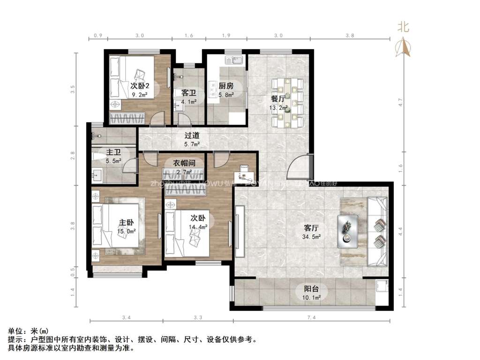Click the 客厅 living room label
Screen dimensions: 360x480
pyautogui.click(x=311, y=228)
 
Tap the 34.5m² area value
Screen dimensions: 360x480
pyautogui.click(x=311, y=237)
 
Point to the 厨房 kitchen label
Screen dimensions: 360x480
pyautogui.click(x=226, y=86)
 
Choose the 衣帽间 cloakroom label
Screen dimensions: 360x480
pyautogui.click(x=184, y=163)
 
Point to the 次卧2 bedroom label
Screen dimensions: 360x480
pyautogui.click(x=140, y=86)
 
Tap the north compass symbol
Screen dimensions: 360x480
pyautogui.click(x=403, y=46)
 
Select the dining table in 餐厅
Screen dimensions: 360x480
pyautogui.click(x=290, y=102)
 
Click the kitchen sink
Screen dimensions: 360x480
pyautogui.click(x=233, y=60)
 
